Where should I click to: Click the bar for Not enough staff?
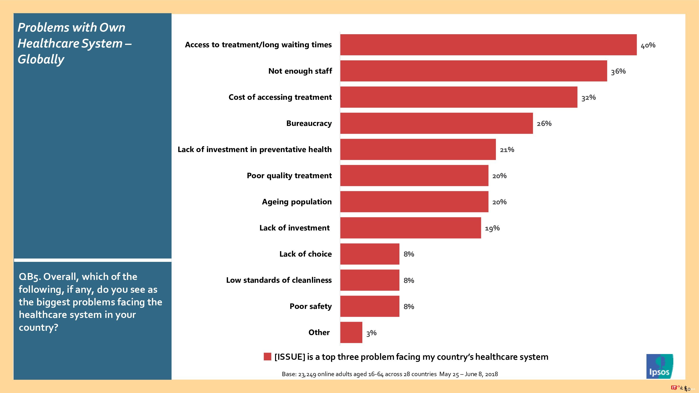coord(474,71)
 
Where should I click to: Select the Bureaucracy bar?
coord(436,123)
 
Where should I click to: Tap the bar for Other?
coord(351,332)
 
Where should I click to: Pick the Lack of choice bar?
coord(369,254)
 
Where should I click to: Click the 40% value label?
coord(648,45)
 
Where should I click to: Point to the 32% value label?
coord(588,97)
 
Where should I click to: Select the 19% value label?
coord(492,228)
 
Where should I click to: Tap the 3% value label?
coord(371,333)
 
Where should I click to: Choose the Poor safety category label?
coord(311,306)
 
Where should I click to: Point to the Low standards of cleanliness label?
coord(279,280)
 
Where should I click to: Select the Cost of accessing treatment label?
coord(280,97)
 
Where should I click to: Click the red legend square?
coord(267,356)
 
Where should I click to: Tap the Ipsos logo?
coord(659,366)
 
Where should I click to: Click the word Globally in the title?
coord(41,59)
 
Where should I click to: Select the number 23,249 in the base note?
coord(307,374)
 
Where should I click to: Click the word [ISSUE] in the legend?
coord(290,357)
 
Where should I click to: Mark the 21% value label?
coord(507,150)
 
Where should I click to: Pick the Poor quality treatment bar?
coord(414,176)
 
